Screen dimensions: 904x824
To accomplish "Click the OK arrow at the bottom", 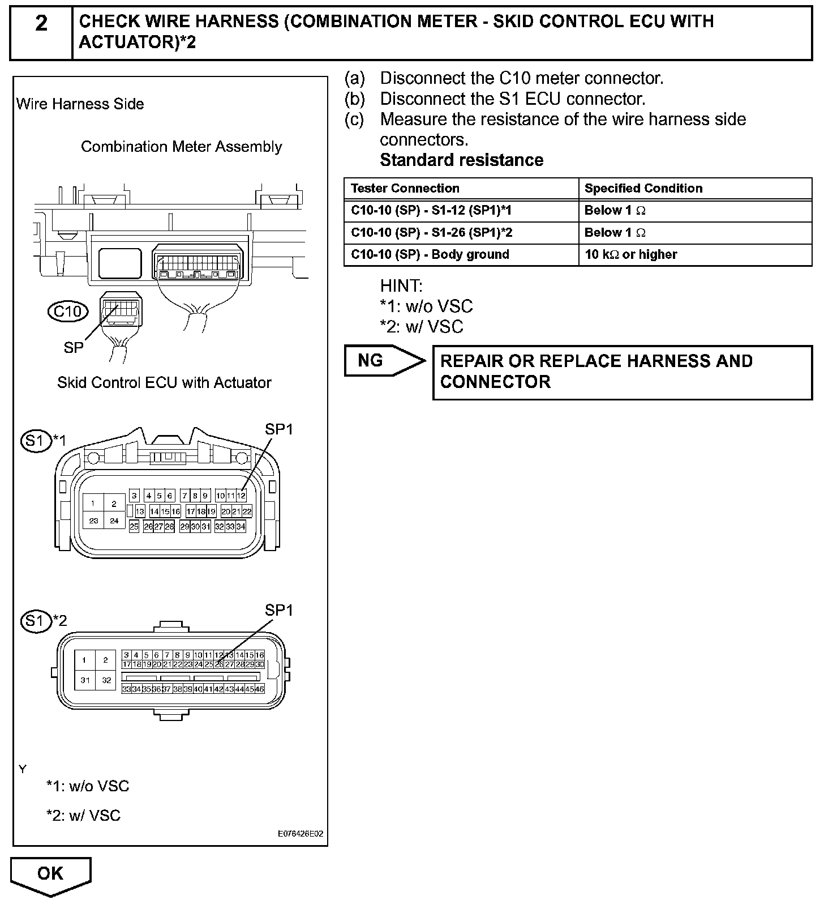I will pos(50,875).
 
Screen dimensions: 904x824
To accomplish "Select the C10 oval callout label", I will pos(68,312).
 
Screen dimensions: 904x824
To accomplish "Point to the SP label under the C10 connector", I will pos(74,348).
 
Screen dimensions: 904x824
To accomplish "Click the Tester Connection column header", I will pos(405,189).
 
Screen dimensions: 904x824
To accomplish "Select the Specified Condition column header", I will pos(643,189).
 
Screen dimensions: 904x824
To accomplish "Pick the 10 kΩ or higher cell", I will pos(630,255).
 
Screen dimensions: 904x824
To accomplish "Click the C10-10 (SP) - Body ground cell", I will pos(430,255).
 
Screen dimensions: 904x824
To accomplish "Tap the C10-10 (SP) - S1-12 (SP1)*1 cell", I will pos(431,211).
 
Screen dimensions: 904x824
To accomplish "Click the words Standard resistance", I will pos(461,160).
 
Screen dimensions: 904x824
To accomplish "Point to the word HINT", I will pos(401,285).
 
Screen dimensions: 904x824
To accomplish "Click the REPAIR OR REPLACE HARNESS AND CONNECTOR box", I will pos(622,372).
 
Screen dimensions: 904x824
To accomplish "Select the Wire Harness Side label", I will pos(80,104).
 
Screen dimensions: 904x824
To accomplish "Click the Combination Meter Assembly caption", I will pos(181,147).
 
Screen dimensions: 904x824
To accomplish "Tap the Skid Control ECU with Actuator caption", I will pos(164,383).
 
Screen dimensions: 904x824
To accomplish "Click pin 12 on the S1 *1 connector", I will pos(242,496).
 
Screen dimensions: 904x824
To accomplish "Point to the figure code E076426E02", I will pos(300,834).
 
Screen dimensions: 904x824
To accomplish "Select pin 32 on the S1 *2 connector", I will pos(106,680).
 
